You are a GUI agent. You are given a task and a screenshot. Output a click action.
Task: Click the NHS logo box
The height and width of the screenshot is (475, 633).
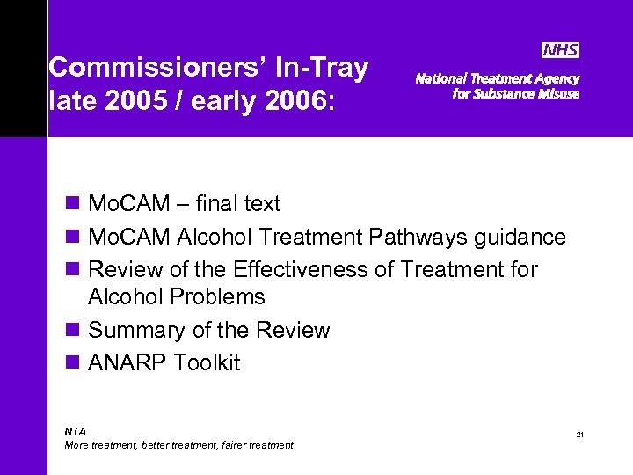pos(559,50)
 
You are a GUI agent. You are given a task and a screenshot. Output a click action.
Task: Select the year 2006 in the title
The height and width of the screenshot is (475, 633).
pos(294,101)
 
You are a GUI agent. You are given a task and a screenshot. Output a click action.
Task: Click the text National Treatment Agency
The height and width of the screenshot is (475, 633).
pos(497,78)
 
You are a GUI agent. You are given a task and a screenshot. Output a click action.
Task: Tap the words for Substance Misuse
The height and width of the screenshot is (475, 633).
pos(515,94)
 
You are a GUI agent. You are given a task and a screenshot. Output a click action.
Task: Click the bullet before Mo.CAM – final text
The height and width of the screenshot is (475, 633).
pos(73,204)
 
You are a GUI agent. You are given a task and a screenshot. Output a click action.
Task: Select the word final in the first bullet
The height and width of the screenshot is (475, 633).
pos(215,204)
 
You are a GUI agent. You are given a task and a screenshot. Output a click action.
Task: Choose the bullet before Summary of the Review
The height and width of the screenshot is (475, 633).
pos(73,331)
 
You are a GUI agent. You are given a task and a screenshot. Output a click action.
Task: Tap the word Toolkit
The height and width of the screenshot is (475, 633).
pos(207,363)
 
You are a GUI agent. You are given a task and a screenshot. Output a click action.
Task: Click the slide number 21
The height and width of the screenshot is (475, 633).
pos(580,435)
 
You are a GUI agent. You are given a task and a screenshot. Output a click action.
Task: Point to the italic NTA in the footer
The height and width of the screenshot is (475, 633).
pos(76,431)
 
